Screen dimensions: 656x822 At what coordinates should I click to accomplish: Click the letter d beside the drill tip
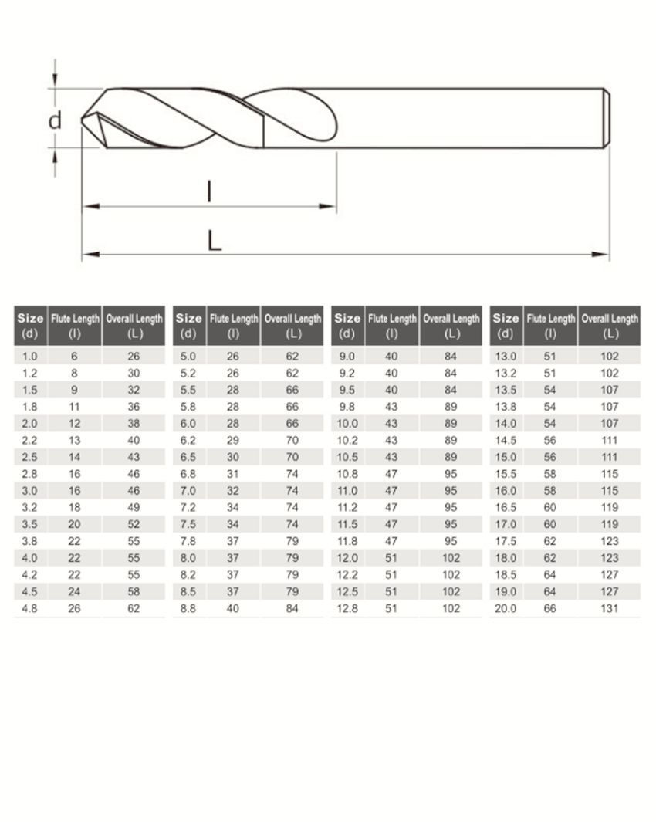coord(55,120)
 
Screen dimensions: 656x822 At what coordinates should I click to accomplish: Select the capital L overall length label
coord(214,241)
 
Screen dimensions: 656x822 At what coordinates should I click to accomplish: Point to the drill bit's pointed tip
coord(83,120)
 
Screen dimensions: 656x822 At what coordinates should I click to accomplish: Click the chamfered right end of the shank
coord(607,118)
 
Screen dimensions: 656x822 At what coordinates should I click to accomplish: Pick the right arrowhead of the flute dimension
coord(327,206)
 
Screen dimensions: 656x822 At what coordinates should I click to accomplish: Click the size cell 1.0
coord(29,357)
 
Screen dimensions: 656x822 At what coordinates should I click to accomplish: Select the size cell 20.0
coord(506,609)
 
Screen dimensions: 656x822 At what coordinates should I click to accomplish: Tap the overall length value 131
coord(610,609)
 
